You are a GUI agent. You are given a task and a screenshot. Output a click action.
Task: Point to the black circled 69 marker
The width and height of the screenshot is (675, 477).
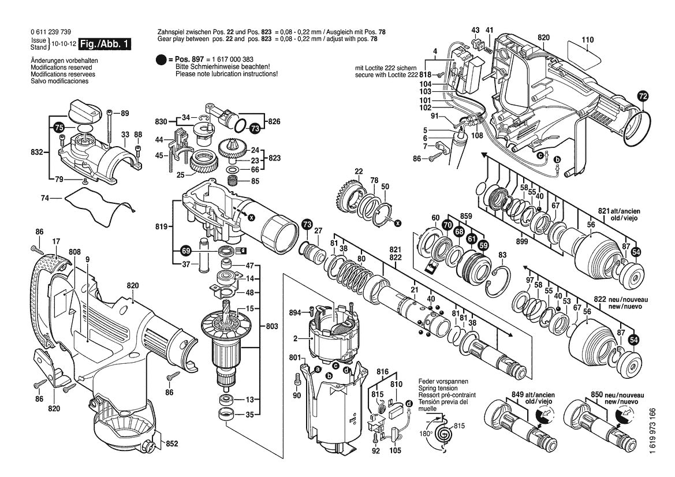[185, 251]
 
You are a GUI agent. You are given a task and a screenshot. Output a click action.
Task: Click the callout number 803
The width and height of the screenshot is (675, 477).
[273, 326]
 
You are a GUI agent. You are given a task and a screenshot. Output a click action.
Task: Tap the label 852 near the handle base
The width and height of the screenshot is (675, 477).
[172, 444]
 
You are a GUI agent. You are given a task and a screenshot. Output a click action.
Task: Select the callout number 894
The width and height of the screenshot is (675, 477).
[295, 312]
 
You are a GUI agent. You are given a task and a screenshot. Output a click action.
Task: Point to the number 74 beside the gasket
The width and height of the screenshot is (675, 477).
[45, 198]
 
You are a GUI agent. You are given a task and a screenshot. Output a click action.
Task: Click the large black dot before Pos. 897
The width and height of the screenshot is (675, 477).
[162, 60]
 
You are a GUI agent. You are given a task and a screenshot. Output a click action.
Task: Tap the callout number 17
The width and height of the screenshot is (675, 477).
[56, 241]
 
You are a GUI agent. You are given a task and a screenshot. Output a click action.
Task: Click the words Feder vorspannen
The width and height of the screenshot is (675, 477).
[443, 382]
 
